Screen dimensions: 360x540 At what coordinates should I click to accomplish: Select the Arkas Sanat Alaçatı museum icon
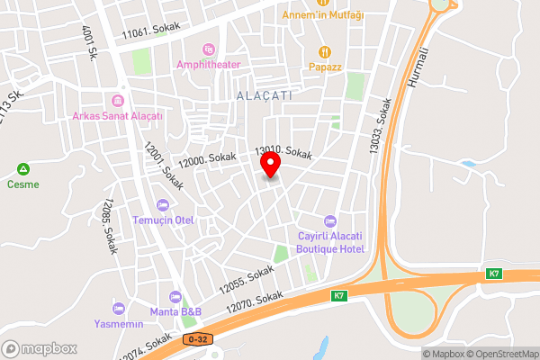116,101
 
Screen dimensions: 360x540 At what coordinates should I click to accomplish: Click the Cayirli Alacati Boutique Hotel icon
329,220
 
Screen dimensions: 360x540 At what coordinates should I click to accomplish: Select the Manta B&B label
176,311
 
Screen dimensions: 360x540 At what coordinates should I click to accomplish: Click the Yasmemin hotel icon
119,309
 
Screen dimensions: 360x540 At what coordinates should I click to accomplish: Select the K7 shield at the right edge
494,274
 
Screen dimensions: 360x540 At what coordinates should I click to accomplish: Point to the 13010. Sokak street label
283,154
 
